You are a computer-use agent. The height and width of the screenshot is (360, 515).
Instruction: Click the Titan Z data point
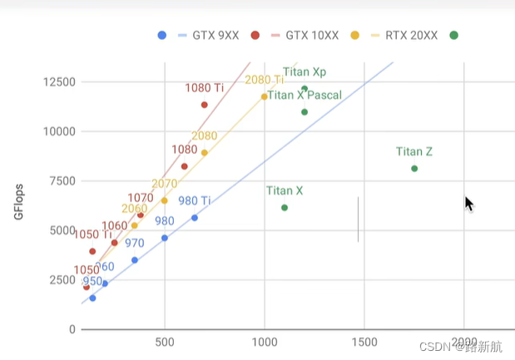[414, 169]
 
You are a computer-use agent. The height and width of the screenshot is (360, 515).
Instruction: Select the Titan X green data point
[285, 208]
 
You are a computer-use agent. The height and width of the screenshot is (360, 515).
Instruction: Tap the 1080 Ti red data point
[205, 105]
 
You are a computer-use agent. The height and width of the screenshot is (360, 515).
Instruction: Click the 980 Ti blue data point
[195, 218]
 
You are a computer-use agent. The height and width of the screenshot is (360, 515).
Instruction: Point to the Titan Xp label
[305, 72]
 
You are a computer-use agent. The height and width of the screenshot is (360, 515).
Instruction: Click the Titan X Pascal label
[305, 96]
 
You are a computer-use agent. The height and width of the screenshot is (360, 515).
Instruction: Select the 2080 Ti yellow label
[264, 80]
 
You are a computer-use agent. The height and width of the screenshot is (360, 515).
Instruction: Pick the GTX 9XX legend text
[215, 36]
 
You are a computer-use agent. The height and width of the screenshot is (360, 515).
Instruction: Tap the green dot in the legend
[453, 35]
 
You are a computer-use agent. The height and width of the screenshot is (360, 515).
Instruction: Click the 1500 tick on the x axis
[364, 342]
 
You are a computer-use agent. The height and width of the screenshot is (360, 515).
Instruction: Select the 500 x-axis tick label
[165, 342]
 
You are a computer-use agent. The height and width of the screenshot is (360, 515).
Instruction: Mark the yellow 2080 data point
[205, 153]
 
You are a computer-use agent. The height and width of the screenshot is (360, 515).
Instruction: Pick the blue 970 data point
[135, 260]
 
